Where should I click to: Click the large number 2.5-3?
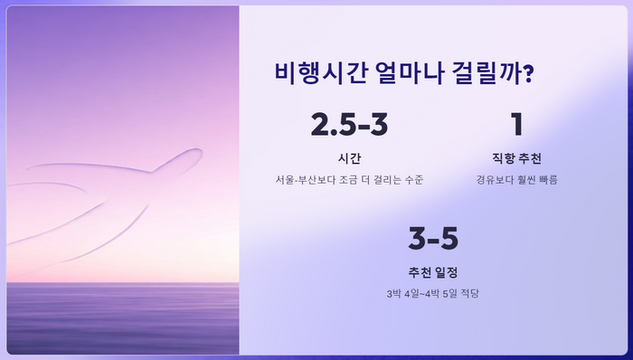pos(349,125)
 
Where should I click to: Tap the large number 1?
pos(517,125)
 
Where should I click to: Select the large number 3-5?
pos(433,240)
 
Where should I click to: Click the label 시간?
pos(349,156)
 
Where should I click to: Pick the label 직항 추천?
pos(517,156)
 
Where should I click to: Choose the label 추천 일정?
pos(433,271)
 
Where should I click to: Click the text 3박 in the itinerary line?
pos(392,293)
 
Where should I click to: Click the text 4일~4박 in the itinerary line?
pos(421,293)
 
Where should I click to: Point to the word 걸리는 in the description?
pos(385,179)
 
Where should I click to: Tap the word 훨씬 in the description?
pos(524,179)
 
